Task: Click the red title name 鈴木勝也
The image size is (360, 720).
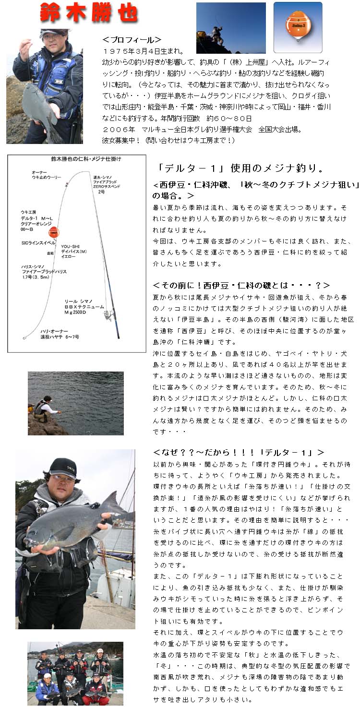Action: coord(89,14)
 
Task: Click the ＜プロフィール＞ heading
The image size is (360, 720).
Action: coord(132,40)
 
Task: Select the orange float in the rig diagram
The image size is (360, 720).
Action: coord(53,232)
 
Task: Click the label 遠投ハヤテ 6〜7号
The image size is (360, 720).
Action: coord(60,337)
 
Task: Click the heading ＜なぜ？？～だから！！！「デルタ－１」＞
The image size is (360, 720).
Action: coord(239,452)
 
